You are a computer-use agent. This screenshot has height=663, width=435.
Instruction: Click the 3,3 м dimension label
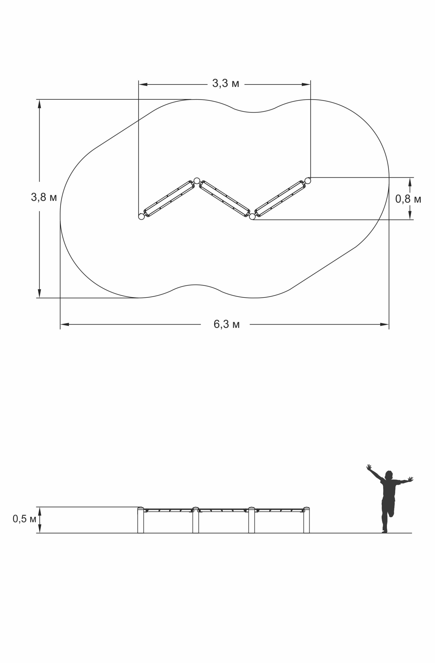point(226,83)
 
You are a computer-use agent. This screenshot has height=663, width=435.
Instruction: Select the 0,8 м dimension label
point(408,199)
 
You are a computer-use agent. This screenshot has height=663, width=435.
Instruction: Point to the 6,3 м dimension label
point(226,324)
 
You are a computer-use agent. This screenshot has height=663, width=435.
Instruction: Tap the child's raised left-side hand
point(369,467)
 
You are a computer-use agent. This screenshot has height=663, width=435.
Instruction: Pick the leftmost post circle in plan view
point(141,217)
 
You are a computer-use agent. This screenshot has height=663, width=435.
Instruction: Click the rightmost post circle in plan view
point(307,181)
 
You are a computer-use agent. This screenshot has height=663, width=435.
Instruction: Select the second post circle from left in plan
point(197,181)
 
